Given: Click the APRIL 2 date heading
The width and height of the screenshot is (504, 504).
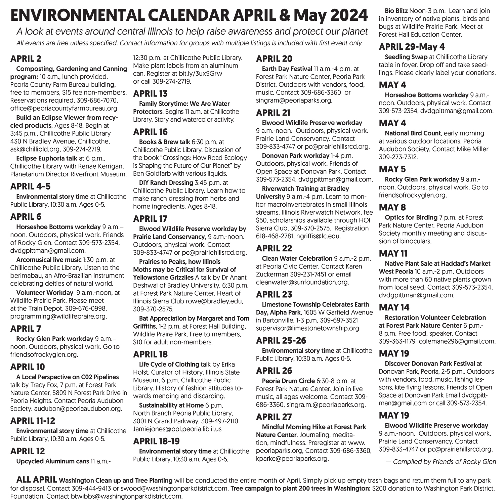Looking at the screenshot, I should (26, 59).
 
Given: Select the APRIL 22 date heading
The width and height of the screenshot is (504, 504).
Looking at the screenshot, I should (274, 248).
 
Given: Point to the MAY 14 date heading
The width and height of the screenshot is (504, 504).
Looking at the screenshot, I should (394, 307).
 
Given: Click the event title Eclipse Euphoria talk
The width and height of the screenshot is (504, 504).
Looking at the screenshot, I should (47, 158).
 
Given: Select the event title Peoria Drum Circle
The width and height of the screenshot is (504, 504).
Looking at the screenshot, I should (288, 381).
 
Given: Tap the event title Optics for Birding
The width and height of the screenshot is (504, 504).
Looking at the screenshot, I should (411, 217).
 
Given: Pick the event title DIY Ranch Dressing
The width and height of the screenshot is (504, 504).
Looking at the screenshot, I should (166, 183).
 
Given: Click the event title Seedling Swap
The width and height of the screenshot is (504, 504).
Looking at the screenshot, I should (406, 57).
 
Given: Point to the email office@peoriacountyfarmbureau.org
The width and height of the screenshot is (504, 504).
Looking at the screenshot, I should (64, 108).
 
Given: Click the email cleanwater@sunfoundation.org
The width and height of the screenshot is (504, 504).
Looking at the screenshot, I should (302, 282).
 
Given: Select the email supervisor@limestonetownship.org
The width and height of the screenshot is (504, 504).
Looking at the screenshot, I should (307, 328).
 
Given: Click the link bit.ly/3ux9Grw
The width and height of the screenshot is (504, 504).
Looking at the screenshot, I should (198, 74).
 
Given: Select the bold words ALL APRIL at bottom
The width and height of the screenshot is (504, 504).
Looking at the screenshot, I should (37, 480).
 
